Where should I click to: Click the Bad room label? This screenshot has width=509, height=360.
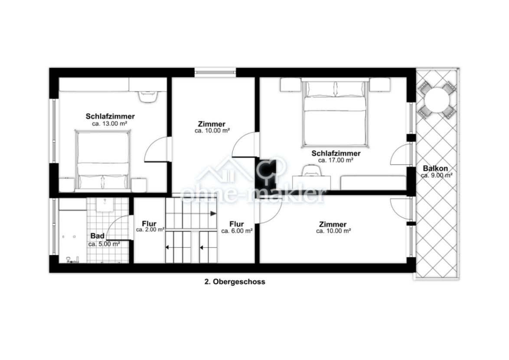pyautogui.click(x=98, y=236)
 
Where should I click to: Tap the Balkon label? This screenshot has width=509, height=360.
pyautogui.click(x=435, y=168)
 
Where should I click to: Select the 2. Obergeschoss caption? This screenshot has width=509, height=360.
pyautogui.click(x=235, y=282)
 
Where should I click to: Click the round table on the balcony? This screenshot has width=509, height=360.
pyautogui.click(x=437, y=100)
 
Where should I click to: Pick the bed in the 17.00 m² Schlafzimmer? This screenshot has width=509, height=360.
pyautogui.click(x=335, y=113)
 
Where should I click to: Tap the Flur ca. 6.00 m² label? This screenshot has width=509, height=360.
pyautogui.click(x=237, y=227)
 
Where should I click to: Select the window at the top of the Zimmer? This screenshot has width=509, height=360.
pyautogui.click(x=215, y=72)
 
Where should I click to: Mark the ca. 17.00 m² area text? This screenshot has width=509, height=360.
pyautogui.click(x=336, y=160)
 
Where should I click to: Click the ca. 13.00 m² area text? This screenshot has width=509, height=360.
pyautogui.click(x=109, y=124)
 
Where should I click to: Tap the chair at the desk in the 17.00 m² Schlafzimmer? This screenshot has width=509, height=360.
pyautogui.click(x=311, y=171)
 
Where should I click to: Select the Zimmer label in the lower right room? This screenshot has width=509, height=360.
pyautogui.click(x=333, y=224)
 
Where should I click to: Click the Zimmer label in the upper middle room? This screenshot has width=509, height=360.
pyautogui.click(x=212, y=124)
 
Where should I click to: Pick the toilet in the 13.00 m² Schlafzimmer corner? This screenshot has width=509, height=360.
pyautogui.click(x=148, y=96)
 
